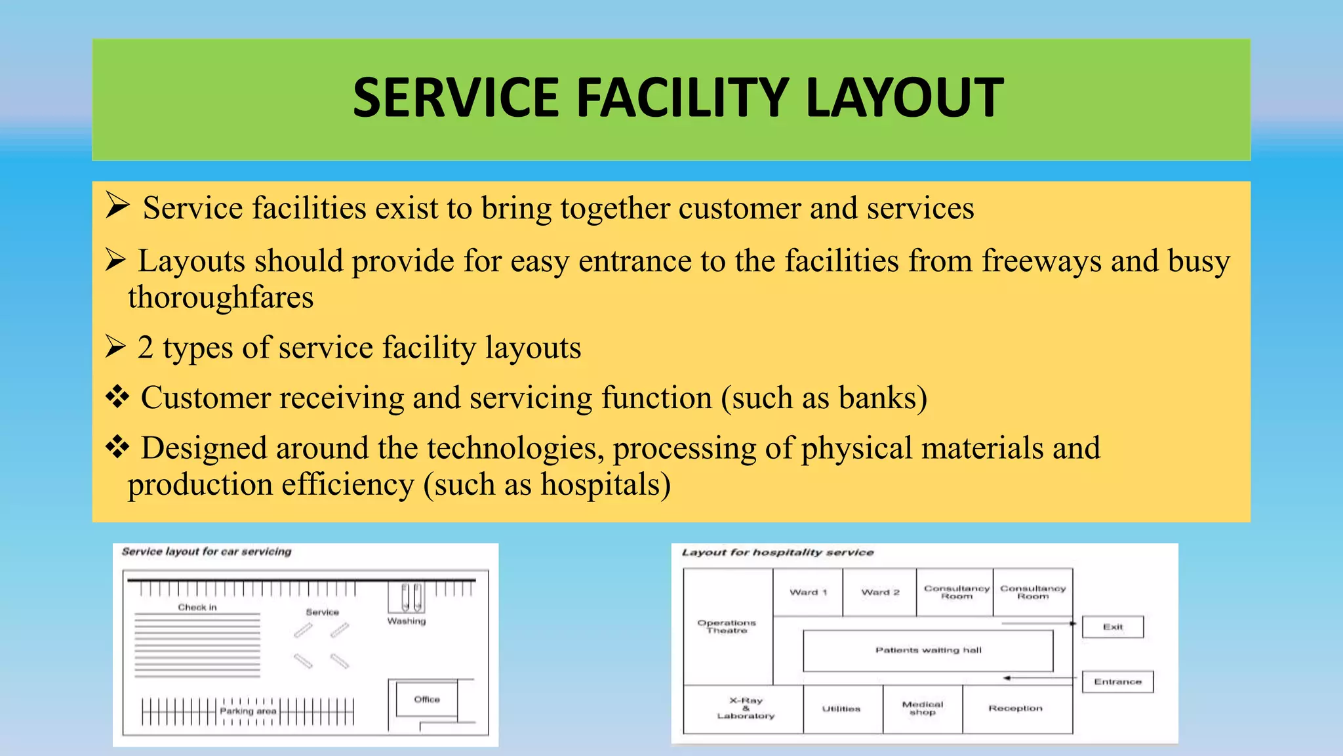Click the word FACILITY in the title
pos(681,98)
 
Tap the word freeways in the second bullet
pos(1041,261)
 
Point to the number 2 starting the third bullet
pos(146,348)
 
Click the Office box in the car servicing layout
pos(427,700)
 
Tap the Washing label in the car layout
pos(407,621)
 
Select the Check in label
pos(197,608)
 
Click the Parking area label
pos(248,711)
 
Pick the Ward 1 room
pos(808,592)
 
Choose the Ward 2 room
pos(880,592)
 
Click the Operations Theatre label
pos(727,626)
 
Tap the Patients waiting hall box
pos(928,650)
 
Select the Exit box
pos(1113,627)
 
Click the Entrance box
pos(1117,682)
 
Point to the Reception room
pos(1016,709)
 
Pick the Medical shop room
pos(923,709)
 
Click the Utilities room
pos(842,709)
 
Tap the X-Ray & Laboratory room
pos(746,709)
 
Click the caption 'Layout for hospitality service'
pos(778,553)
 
